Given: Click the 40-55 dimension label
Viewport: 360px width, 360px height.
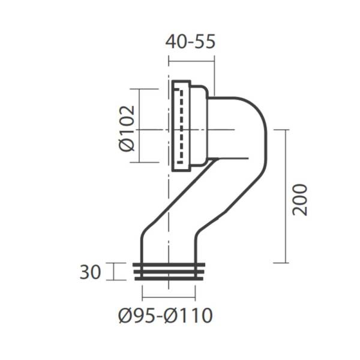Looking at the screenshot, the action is click(190, 41).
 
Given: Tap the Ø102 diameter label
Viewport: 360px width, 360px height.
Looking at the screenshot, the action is click(127, 128).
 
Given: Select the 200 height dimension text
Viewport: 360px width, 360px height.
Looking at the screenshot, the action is click(299, 200).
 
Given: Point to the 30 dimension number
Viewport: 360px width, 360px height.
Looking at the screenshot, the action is click(90, 272).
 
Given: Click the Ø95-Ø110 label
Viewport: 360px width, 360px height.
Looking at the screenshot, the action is click(166, 316).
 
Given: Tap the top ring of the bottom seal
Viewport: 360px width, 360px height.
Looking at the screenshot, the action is click(169, 265).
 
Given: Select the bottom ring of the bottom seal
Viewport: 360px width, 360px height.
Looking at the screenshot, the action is click(169, 279).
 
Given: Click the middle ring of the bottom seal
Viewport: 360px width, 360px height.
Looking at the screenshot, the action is click(169, 272).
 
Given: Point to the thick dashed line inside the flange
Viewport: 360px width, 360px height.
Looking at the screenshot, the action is click(182, 127).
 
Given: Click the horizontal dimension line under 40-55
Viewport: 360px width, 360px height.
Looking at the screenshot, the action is click(191, 61).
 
